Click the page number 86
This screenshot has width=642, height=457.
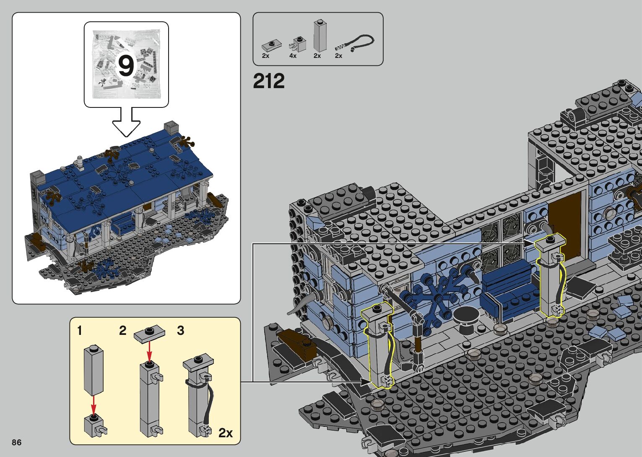[x=17, y=442]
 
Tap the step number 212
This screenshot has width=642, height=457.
[x=269, y=81]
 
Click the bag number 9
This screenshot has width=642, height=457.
[x=126, y=66]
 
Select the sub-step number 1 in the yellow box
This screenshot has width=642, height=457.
[x=80, y=331]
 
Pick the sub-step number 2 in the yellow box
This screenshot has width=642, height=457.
[x=123, y=331]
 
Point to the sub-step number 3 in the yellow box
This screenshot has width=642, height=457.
[x=181, y=331]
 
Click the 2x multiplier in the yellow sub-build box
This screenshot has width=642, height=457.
[x=226, y=433]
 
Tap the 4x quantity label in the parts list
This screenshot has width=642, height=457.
[x=293, y=56]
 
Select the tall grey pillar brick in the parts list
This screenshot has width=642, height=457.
[x=320, y=36]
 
